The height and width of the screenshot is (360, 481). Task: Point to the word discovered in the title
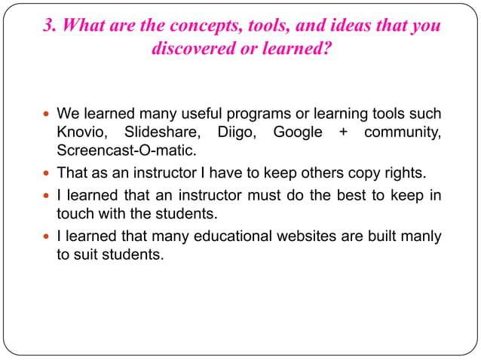(193, 50)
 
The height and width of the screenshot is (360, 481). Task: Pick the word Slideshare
(161, 133)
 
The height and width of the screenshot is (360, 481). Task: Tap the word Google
(298, 133)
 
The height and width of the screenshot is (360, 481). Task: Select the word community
(403, 133)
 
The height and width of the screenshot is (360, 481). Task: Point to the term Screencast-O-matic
(121, 151)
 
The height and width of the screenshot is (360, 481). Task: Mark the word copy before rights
(348, 173)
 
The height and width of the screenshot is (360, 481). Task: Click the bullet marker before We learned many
(46, 115)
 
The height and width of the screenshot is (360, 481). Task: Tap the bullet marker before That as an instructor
(46, 174)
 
